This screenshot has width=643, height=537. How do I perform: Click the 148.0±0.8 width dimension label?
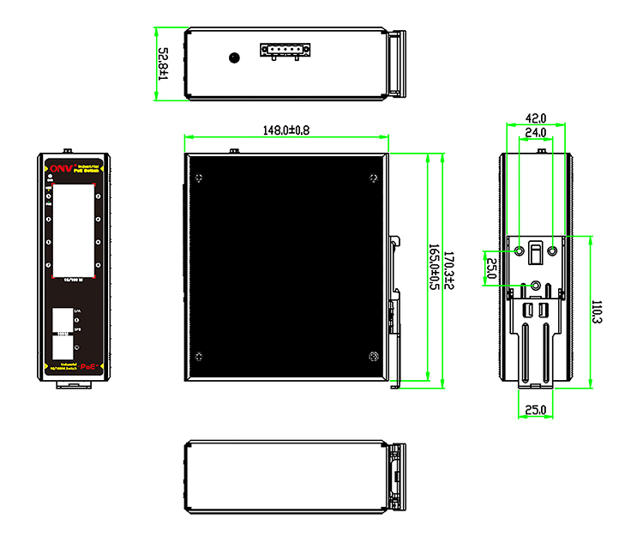point(286,130)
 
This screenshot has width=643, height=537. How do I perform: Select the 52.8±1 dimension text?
point(163,63)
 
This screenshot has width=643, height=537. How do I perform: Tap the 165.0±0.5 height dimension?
point(432,268)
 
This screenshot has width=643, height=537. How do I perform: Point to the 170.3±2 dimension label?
point(448,268)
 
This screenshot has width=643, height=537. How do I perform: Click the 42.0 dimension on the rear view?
point(535,118)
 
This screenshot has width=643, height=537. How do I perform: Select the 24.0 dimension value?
point(535,132)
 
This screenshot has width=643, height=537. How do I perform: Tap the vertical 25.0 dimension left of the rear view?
point(491,268)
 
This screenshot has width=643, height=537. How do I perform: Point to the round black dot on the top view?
point(233,58)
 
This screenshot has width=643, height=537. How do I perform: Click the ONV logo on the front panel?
point(63,168)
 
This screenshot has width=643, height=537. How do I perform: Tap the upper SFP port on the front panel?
point(62,319)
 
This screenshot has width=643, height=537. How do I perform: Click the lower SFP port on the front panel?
point(62,347)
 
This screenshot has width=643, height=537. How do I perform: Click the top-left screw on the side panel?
point(200,178)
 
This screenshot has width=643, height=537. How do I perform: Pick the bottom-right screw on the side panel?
point(372,358)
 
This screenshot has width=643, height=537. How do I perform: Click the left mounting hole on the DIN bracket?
point(520,251)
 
